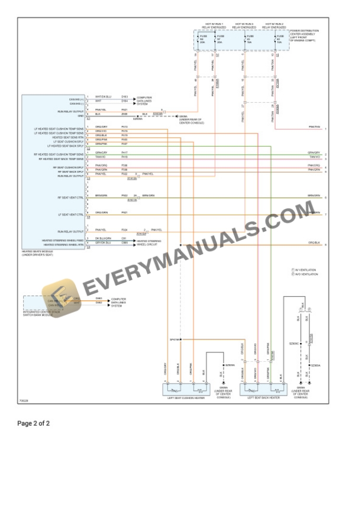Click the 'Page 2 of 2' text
34,423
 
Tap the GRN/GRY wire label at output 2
313,153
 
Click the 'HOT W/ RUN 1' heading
211,24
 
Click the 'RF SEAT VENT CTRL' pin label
71,197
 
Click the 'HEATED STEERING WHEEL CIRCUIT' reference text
148,242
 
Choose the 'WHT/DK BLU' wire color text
103,96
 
